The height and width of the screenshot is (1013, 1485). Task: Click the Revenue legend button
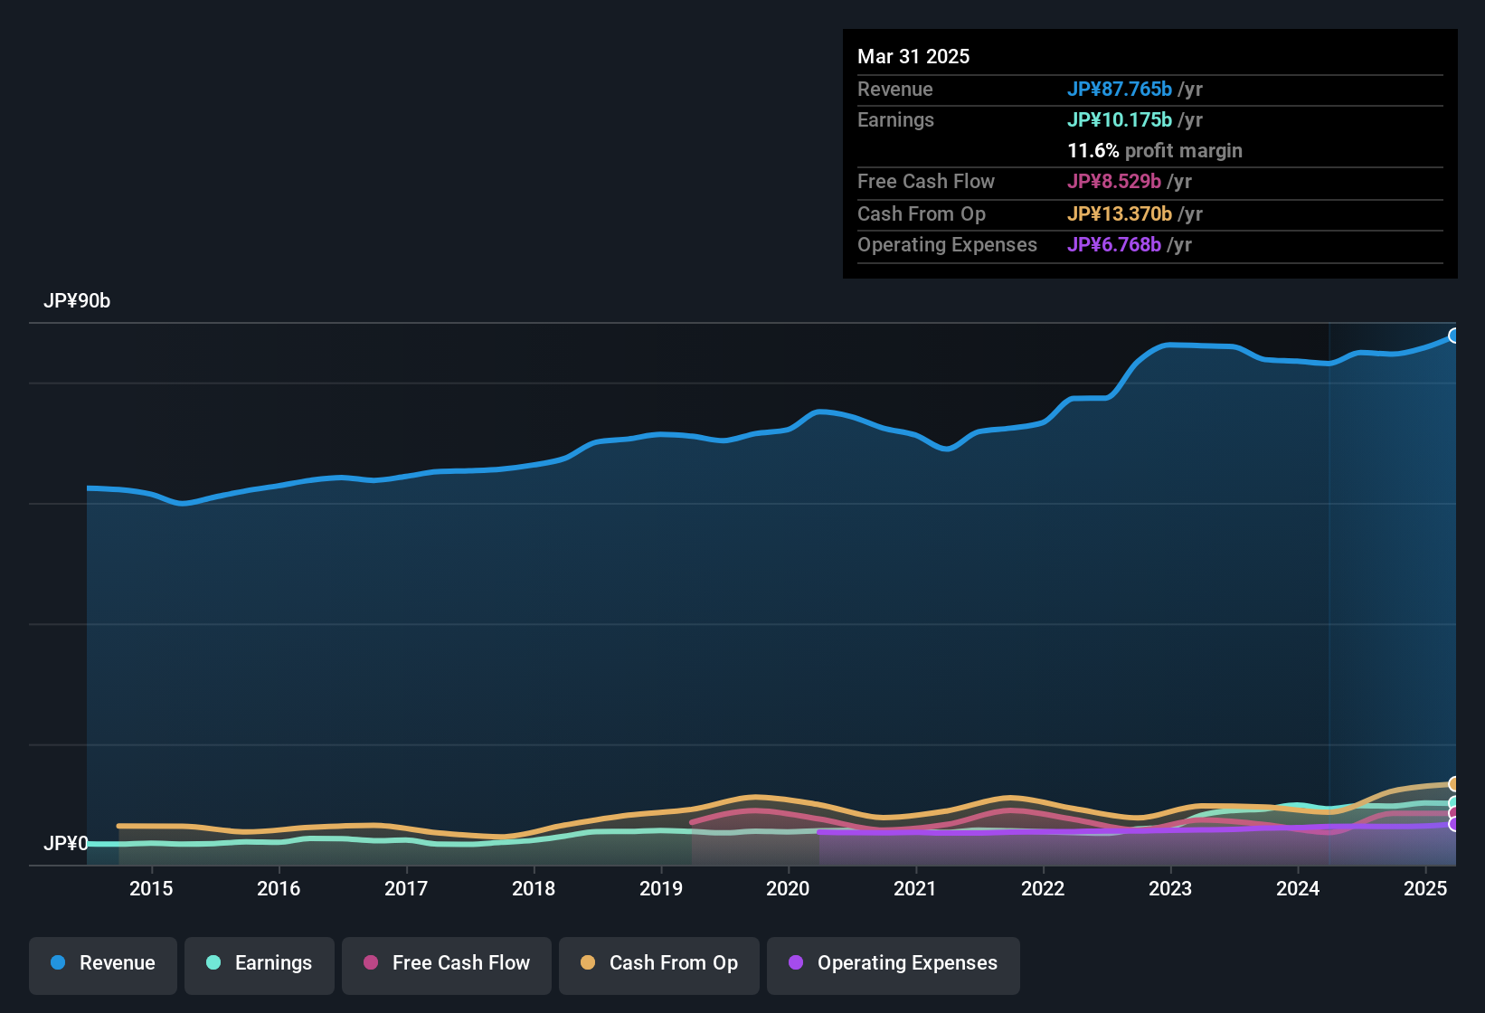pos(103,963)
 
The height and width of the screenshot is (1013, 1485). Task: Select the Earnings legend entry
pos(259,963)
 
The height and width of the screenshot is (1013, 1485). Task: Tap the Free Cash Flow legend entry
pos(447,963)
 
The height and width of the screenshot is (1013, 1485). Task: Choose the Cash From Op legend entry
pos(659,963)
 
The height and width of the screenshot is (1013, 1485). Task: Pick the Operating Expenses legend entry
pos(893,963)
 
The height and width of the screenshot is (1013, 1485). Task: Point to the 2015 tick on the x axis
pos(151,888)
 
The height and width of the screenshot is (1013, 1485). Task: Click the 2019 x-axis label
pos(661,888)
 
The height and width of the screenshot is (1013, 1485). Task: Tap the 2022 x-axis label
pos(1043,888)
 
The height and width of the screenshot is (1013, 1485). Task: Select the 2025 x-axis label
pos(1425,888)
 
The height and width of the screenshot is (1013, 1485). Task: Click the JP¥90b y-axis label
pos(77,301)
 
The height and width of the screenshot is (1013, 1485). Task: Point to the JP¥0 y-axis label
pos(66,844)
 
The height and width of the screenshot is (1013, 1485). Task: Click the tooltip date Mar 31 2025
pos(913,57)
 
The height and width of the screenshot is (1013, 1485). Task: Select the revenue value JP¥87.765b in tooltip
pos(1120,90)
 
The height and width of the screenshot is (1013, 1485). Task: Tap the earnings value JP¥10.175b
pos(1120,120)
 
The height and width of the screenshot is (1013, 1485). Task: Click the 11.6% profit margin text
pos(1154,151)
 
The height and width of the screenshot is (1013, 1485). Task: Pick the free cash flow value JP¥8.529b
pos(1114,182)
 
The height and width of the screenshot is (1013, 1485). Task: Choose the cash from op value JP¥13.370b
pos(1120,214)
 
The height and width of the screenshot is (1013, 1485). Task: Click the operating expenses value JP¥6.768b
pos(1114,245)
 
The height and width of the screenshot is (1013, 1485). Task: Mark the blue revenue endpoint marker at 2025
pos(1454,336)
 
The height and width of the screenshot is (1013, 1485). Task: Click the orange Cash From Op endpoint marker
pos(1454,784)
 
